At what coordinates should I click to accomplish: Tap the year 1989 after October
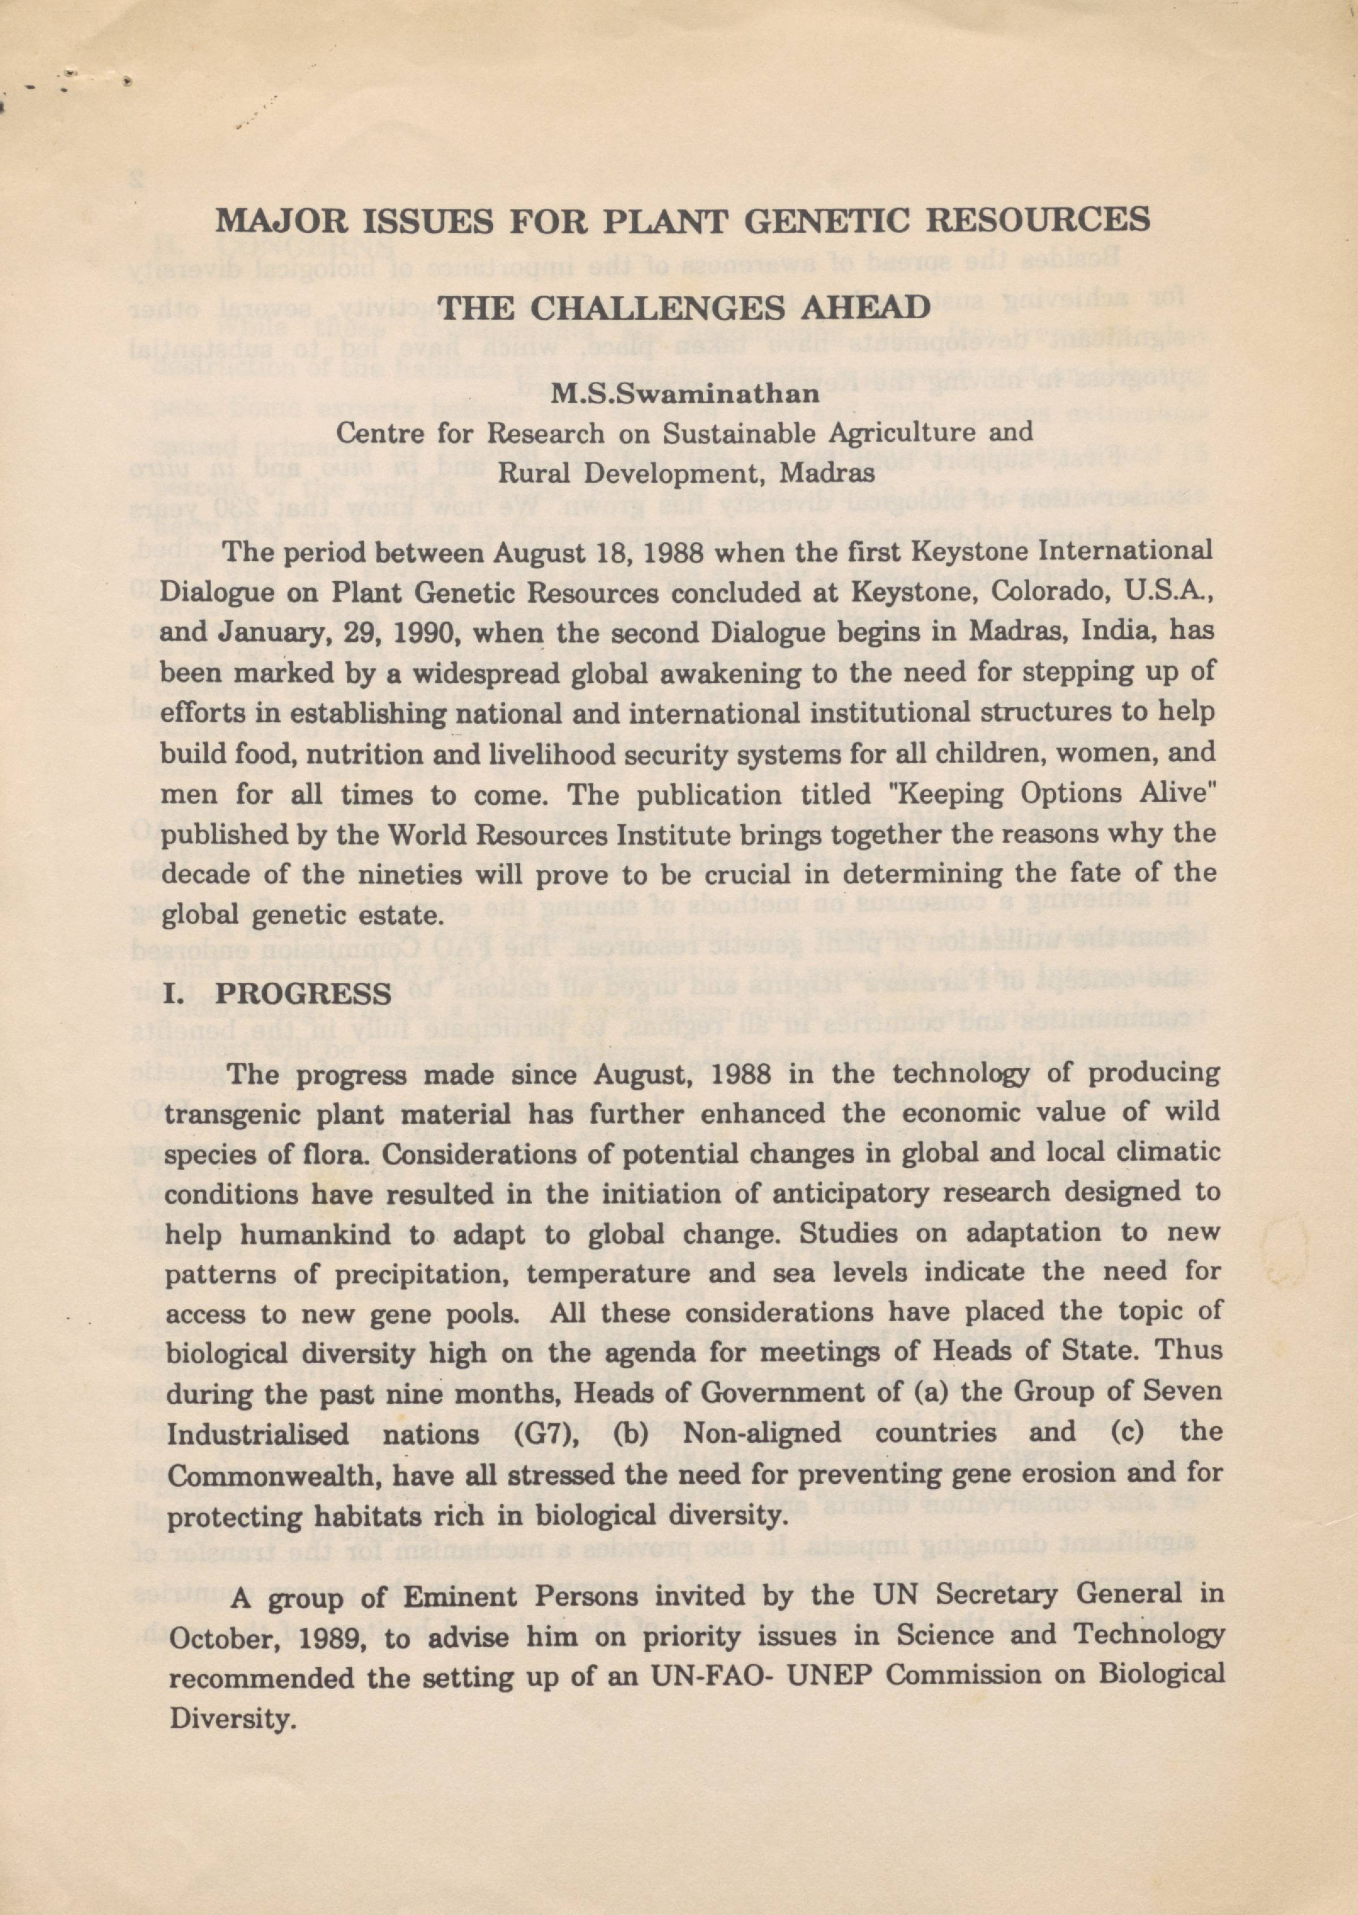(329, 1636)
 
